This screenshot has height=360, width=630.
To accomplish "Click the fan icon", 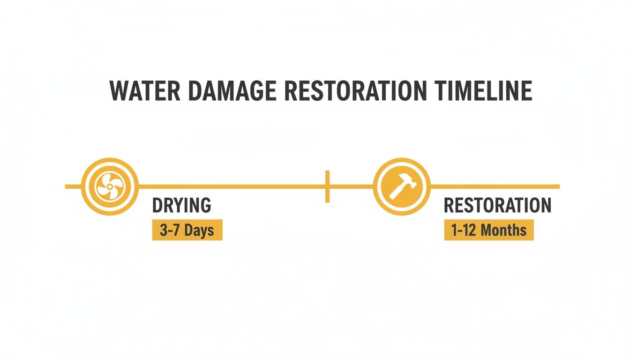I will click(109, 187).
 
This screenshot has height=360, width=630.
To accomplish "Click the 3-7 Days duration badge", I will click(187, 231).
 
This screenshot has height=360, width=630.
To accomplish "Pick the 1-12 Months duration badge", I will click(489, 231).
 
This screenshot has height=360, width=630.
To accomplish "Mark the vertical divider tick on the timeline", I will click(327, 187).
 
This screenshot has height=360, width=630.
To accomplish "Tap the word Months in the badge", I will click(503, 231).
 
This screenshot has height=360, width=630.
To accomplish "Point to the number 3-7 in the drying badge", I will click(169, 231).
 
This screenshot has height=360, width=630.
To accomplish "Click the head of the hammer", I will click(407, 181).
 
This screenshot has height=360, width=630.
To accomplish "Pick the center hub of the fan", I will click(109, 187).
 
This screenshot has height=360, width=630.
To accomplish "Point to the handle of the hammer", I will click(397, 192).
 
